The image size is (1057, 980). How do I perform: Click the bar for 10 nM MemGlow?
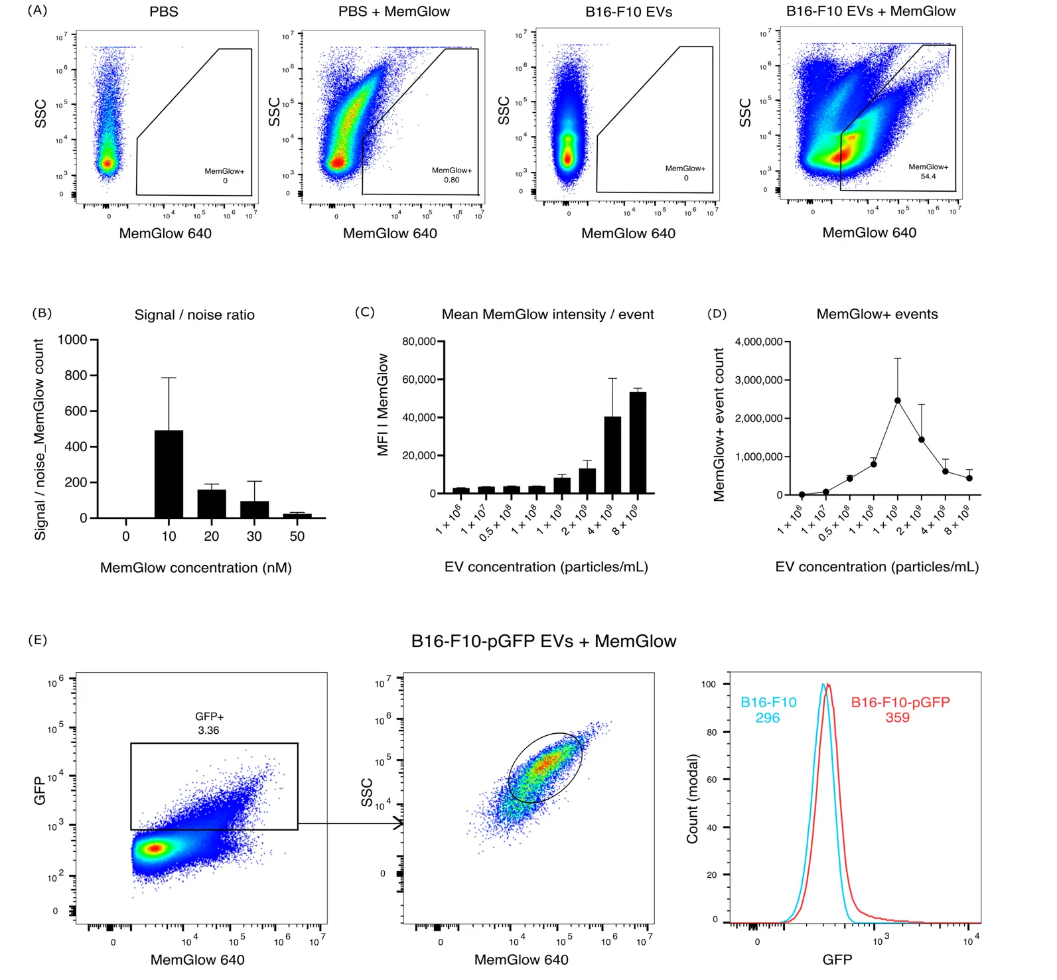tap(169, 474)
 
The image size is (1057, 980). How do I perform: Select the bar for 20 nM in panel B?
tap(212, 504)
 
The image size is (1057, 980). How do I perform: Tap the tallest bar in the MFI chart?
tap(638, 443)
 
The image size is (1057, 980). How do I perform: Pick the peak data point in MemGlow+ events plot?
tap(898, 401)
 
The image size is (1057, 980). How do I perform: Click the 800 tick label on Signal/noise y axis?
tap(76, 376)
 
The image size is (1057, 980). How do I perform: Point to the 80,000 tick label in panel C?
tap(419, 342)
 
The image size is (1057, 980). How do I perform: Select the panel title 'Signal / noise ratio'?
tap(194, 315)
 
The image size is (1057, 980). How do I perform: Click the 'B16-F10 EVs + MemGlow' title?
tap(871, 11)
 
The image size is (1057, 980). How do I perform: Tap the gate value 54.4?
tap(928, 176)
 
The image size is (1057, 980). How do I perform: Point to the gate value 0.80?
tap(451, 180)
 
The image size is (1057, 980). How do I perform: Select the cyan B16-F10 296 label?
tap(768, 710)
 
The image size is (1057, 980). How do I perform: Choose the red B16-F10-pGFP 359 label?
tap(900, 710)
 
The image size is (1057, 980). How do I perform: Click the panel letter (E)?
tap(38, 640)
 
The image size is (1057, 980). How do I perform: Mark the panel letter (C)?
tap(365, 312)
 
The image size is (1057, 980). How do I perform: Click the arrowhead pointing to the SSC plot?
tap(399, 824)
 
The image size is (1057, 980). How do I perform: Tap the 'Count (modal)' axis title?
tap(692, 799)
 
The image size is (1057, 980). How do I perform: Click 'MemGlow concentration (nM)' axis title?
tap(196, 568)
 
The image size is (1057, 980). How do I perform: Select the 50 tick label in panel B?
tap(297, 537)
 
